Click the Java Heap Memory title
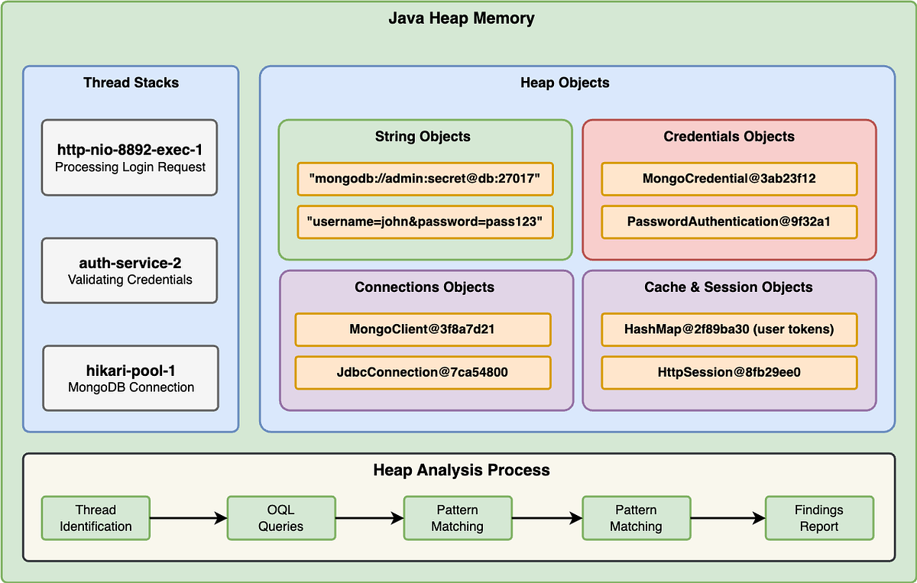pyautogui.click(x=462, y=18)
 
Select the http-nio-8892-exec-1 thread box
pyautogui.click(x=130, y=157)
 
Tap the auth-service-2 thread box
pyautogui.click(x=130, y=270)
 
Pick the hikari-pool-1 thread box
pyautogui.click(x=130, y=378)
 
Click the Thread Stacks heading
pyautogui.click(x=131, y=83)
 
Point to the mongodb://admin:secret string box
pyautogui.click(x=425, y=179)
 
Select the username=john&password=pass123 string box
pyautogui.click(x=425, y=222)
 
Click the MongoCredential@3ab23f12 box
pyautogui.click(x=729, y=179)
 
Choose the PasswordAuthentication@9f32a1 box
pyautogui.click(x=729, y=222)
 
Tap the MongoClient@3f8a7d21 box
pyautogui.click(x=423, y=329)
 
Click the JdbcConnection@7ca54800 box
pyautogui.click(x=423, y=372)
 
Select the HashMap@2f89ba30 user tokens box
pyautogui.click(x=729, y=329)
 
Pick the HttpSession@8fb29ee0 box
pyautogui.click(x=729, y=372)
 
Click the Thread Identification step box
pyautogui.click(x=96, y=518)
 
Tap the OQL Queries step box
pyautogui.click(x=281, y=518)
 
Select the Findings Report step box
pyautogui.click(x=819, y=518)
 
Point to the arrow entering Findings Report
pyautogui.click(x=727, y=518)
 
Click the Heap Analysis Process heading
pyautogui.click(x=462, y=470)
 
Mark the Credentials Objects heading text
pyautogui.click(x=729, y=137)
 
